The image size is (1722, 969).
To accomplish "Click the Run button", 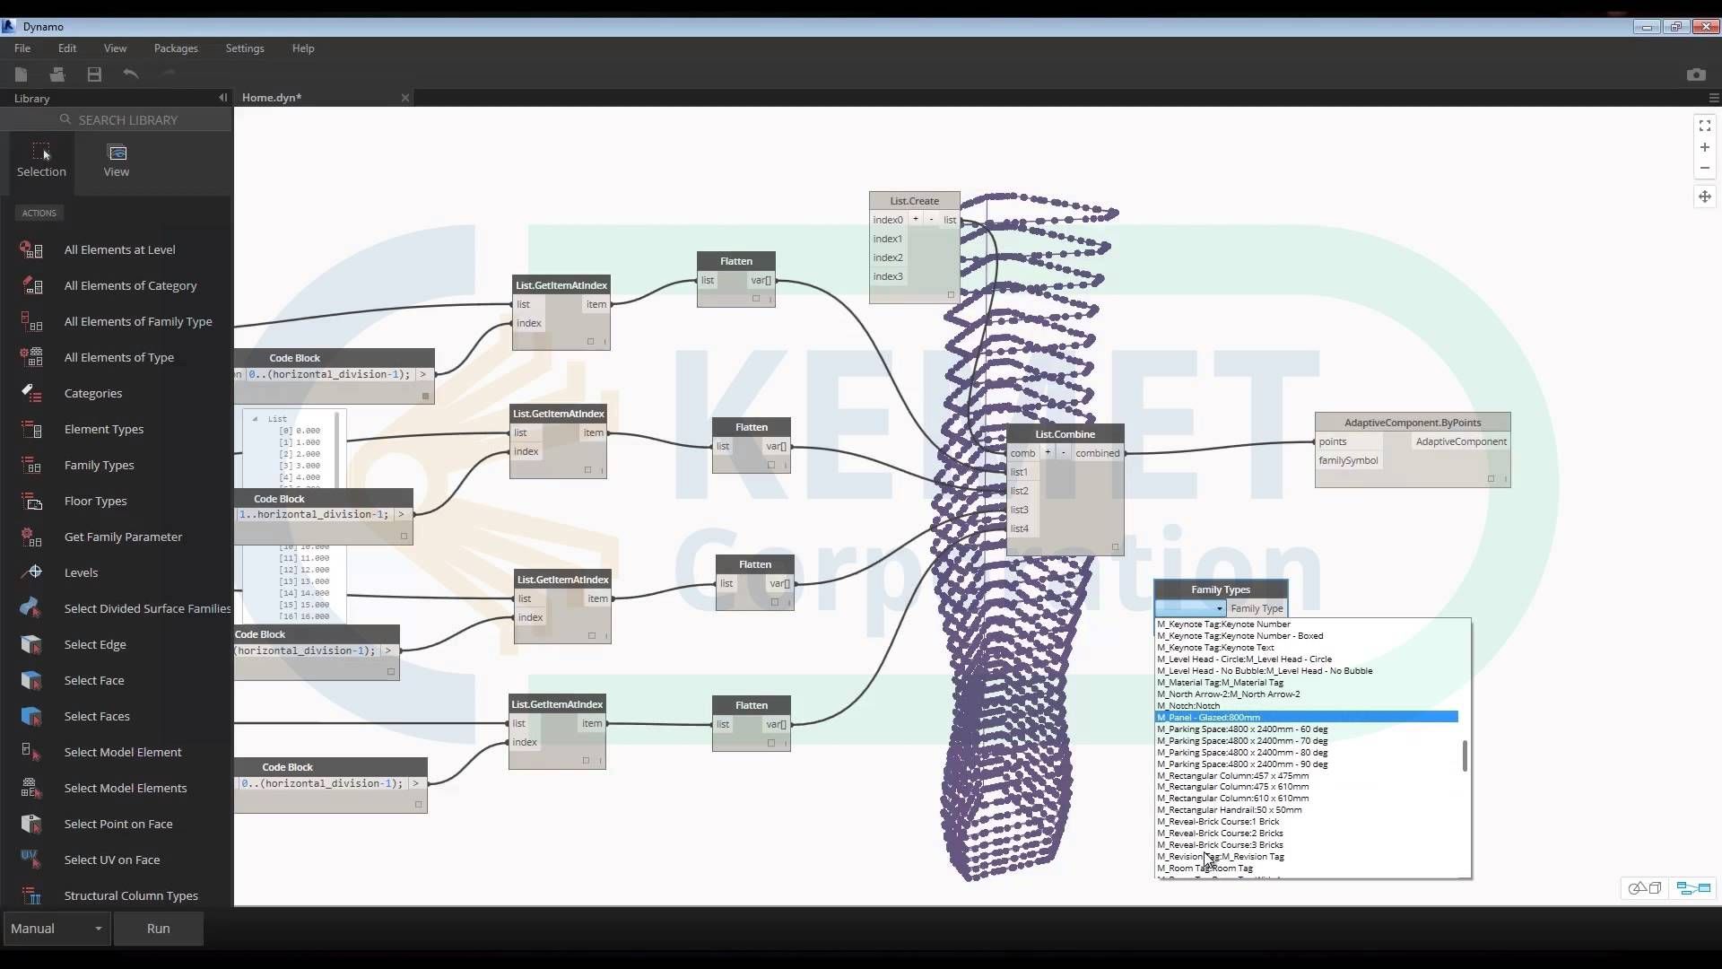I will pyautogui.click(x=158, y=929).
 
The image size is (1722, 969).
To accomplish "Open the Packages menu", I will pyautogui.click(x=176, y=48).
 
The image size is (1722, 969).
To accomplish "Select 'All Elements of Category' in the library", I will pyautogui.click(x=130, y=285).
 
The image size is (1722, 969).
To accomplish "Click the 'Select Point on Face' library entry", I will pyautogui.click(x=118, y=824).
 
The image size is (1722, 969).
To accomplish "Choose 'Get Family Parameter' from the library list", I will pyautogui.click(x=123, y=537).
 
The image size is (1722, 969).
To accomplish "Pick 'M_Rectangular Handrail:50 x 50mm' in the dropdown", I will pyautogui.click(x=1230, y=809).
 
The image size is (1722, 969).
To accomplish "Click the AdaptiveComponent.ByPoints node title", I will pyautogui.click(x=1413, y=423).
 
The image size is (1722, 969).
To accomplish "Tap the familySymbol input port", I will pyautogui.click(x=1348, y=460).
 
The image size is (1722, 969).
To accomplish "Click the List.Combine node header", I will pyautogui.click(x=1065, y=434).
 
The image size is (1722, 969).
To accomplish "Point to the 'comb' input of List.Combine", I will pyautogui.click(x=1022, y=453).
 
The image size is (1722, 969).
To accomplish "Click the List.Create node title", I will pyautogui.click(x=914, y=201).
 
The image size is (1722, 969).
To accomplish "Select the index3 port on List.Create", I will pyautogui.click(x=888, y=276).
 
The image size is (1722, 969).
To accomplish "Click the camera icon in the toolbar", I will pyautogui.click(x=1696, y=74).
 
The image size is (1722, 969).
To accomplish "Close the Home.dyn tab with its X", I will pyautogui.click(x=405, y=98).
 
